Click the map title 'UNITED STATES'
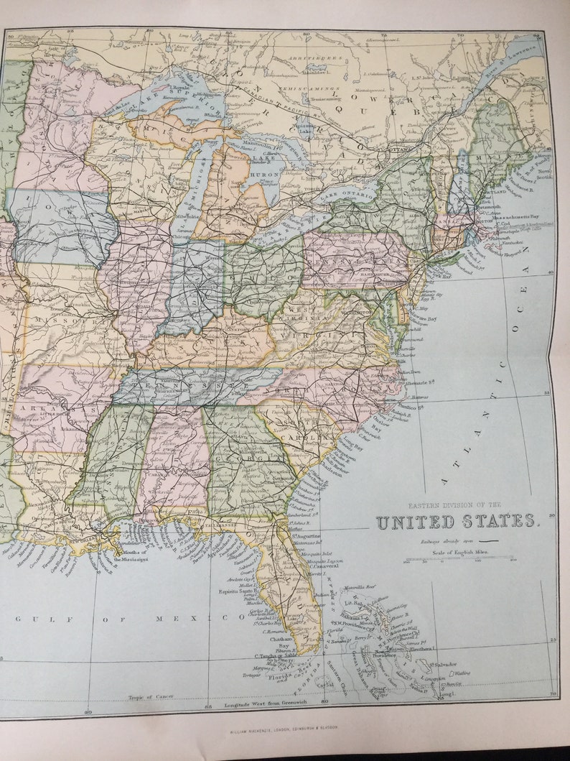click(x=457, y=522)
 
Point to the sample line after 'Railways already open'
click(x=489, y=539)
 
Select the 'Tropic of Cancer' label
click(x=151, y=696)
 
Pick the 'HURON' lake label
click(x=264, y=172)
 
